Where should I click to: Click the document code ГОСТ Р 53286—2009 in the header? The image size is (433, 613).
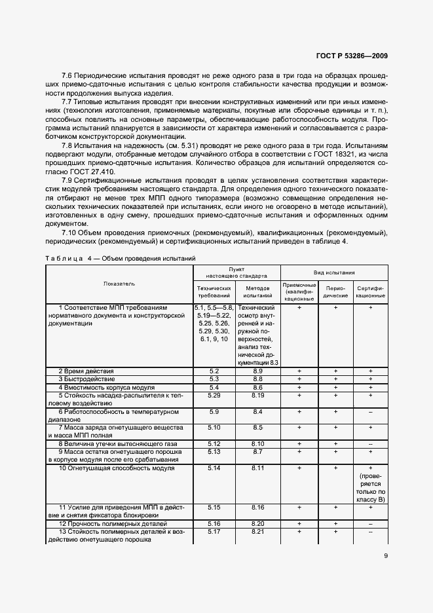(352, 56)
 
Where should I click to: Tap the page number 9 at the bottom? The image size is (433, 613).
(385, 557)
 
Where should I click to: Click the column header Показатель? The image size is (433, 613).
(119, 284)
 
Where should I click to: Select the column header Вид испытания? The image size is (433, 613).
(334, 271)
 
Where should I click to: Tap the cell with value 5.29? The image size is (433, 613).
(214, 395)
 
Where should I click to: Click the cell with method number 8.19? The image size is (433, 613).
(257, 395)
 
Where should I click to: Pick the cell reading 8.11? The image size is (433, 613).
(257, 468)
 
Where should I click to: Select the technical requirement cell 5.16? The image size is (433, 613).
(214, 524)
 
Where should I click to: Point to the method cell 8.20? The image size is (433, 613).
(257, 524)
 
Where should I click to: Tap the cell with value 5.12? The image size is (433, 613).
(214, 443)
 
